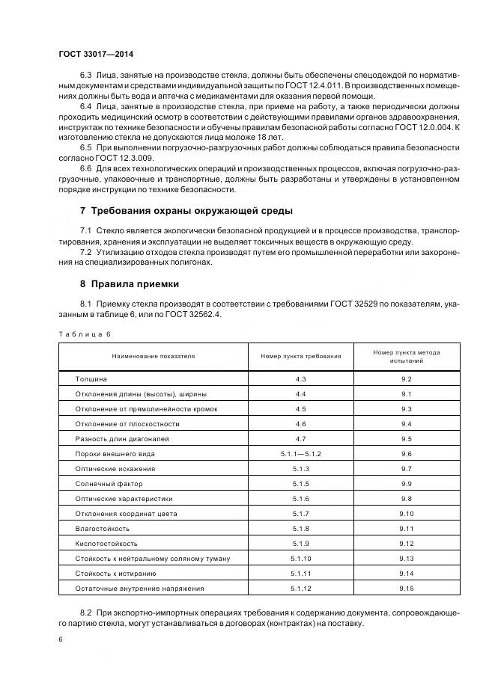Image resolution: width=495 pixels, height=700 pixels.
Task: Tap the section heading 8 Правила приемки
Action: (x=130, y=284)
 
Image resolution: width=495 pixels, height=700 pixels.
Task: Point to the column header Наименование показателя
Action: (x=153, y=356)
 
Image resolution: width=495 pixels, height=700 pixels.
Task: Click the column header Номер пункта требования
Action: (x=300, y=356)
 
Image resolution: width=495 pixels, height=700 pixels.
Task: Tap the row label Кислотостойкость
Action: (x=106, y=544)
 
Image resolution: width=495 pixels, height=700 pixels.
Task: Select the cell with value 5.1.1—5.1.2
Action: (x=300, y=454)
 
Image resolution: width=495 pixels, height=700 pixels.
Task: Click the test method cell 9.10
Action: (x=407, y=514)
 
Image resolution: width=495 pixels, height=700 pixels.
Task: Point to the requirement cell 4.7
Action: (x=300, y=439)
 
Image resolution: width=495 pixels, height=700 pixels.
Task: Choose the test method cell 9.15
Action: (x=407, y=589)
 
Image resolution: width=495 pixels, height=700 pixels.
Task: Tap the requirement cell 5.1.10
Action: (x=300, y=559)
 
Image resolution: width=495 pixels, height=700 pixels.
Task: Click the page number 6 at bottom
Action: (x=60, y=640)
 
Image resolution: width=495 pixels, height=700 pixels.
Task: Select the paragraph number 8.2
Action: (x=85, y=612)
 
